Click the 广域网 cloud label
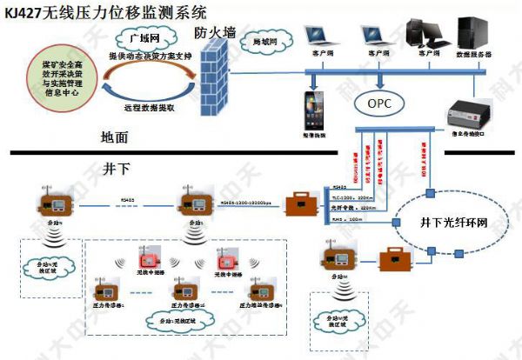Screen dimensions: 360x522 pyautogui.click(x=140, y=39)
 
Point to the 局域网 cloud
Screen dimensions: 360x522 pyautogui.click(x=263, y=42)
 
